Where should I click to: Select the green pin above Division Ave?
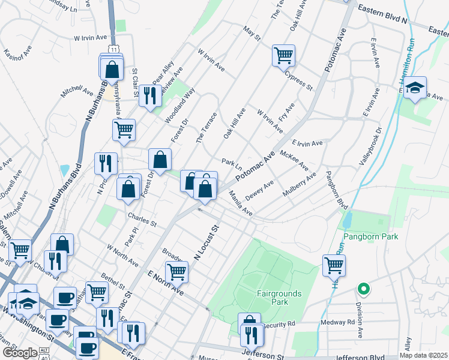point(363,289)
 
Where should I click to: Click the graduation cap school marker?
point(415,88)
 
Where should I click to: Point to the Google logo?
point(19,353)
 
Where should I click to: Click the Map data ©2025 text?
point(424,355)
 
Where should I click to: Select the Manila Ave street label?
point(240,203)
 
